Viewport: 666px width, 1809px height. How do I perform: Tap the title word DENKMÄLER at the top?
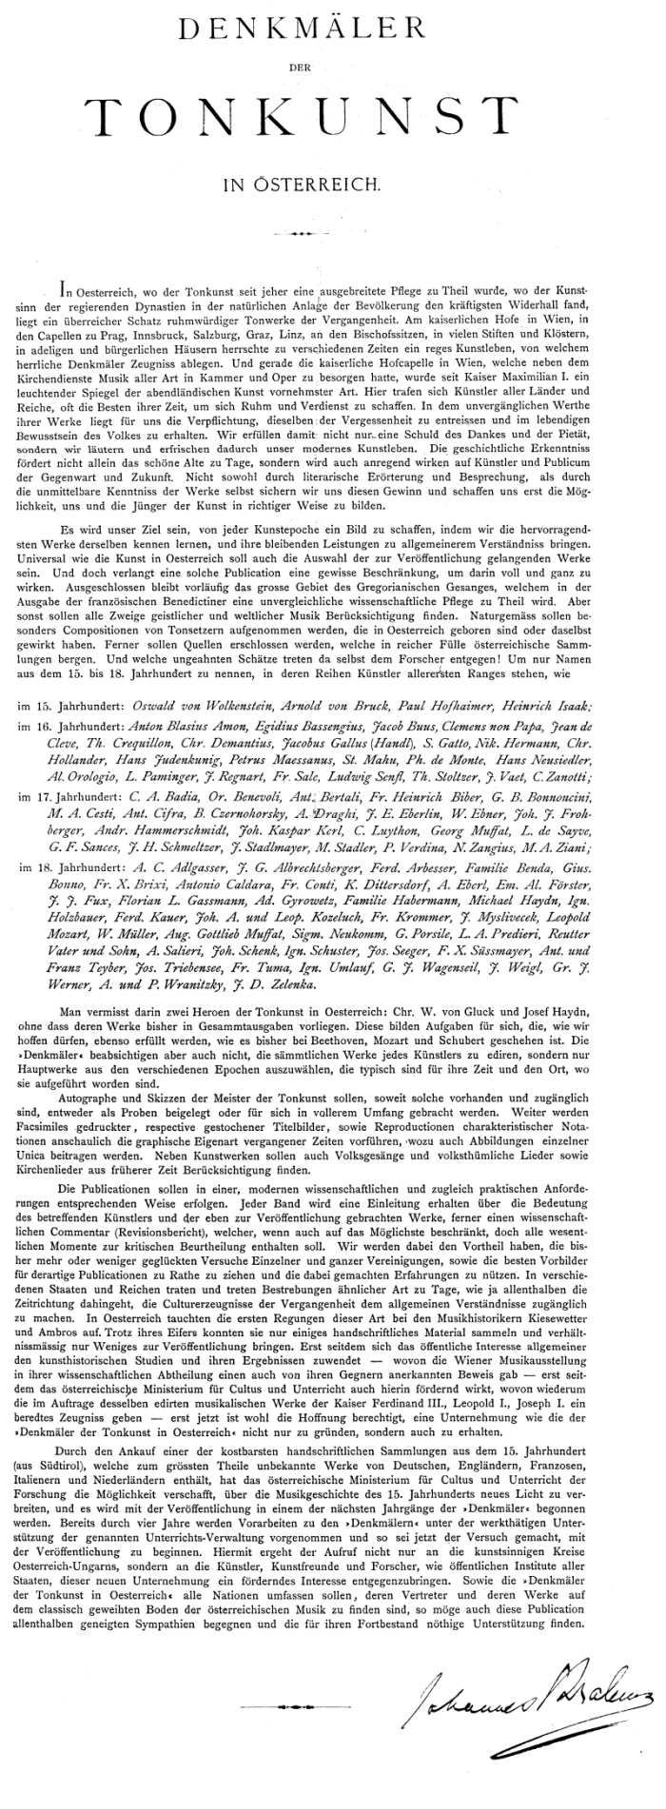point(332,34)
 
